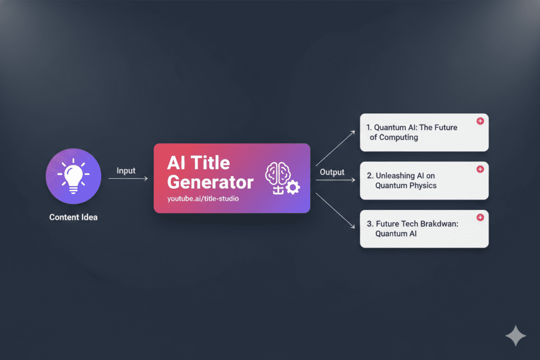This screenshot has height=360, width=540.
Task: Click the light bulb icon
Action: [x=73, y=176]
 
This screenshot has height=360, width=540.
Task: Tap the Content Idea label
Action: [x=73, y=217]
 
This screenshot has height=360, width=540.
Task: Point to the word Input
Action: [x=126, y=171]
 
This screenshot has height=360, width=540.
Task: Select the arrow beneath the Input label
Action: [x=128, y=178]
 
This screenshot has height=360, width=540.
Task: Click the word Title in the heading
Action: [x=210, y=163]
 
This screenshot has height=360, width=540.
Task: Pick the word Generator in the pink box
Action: [x=210, y=182]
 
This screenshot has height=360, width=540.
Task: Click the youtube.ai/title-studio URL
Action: [x=203, y=199]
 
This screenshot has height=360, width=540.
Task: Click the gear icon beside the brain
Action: [x=293, y=187]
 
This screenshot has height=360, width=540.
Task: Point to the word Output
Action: [x=332, y=172]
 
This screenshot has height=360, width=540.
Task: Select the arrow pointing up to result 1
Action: [x=335, y=148]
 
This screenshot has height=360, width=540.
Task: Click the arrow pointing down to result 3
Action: [x=335, y=211]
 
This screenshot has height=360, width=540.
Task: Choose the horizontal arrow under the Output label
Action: [x=335, y=180]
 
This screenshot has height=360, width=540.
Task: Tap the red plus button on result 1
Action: [x=480, y=121]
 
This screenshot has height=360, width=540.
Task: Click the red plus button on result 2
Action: [x=480, y=169]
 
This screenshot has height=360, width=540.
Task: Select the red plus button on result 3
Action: [x=480, y=217]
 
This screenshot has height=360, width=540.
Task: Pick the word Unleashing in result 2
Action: [x=396, y=176]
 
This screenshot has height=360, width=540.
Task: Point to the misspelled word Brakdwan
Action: [x=439, y=223]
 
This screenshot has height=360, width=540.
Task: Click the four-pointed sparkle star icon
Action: [x=516, y=336]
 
